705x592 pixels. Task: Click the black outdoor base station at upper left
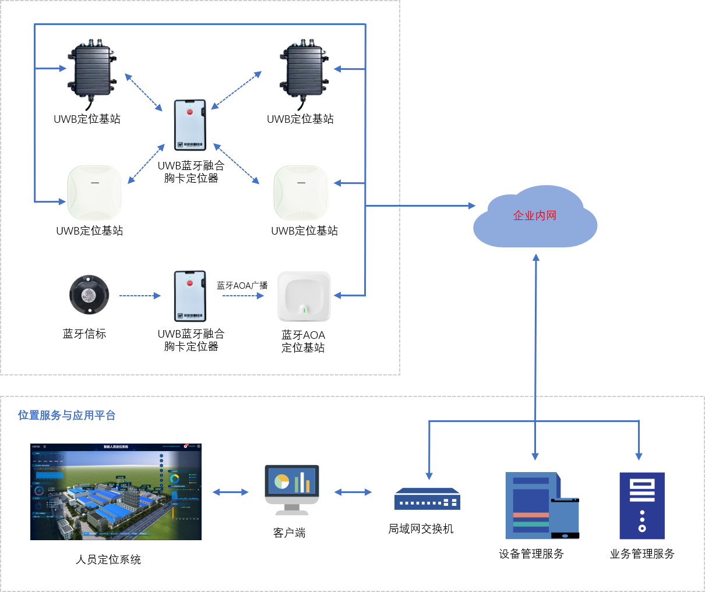(x=92, y=72)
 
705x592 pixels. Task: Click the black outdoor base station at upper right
(x=304, y=72)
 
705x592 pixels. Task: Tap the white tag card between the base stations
(x=190, y=125)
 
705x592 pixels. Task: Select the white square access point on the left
(x=95, y=193)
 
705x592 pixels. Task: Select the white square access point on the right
(x=301, y=193)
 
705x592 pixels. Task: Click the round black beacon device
(x=89, y=295)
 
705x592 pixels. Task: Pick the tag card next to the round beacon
(x=190, y=296)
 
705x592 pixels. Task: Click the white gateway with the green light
(x=304, y=296)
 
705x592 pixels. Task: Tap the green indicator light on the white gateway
(x=304, y=310)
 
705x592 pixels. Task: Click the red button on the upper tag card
(x=189, y=111)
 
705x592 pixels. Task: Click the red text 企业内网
(x=535, y=215)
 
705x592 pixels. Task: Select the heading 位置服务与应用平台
(x=66, y=415)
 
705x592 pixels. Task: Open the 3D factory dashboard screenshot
(x=116, y=492)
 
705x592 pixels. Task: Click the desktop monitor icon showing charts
(x=292, y=490)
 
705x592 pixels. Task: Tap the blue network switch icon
(x=427, y=499)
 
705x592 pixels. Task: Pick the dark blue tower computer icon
(x=641, y=505)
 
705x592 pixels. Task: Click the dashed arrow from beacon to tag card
(x=140, y=296)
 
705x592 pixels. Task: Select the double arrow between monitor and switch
(x=353, y=492)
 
